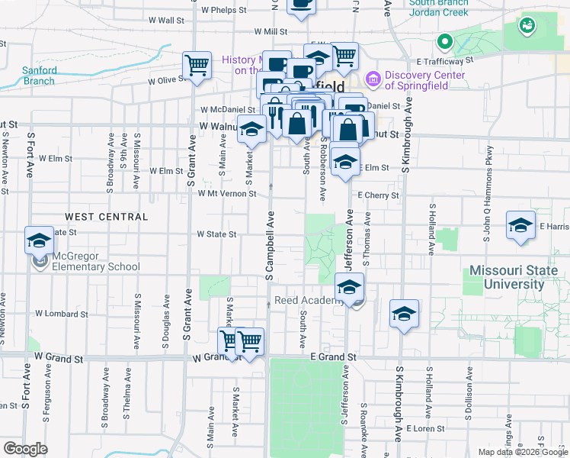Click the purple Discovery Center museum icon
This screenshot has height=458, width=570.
pyautogui.click(x=373, y=78)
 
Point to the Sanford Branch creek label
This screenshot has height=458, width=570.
pyautogui.click(x=40, y=75)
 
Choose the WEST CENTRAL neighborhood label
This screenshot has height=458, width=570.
pyautogui.click(x=107, y=217)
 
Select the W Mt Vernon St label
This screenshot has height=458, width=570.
pyautogui.click(x=227, y=194)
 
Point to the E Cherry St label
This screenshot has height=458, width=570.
pyautogui.click(x=378, y=196)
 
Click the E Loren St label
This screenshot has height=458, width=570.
pyautogui.click(x=425, y=429)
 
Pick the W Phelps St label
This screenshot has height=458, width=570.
pyautogui.click(x=224, y=10)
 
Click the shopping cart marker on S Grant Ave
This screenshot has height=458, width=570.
pyautogui.click(x=197, y=66)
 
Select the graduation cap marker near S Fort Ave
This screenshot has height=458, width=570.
pyautogui.click(x=39, y=240)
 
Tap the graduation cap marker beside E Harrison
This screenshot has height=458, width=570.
pyautogui.click(x=521, y=225)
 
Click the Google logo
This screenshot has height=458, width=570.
pyautogui.click(x=25, y=449)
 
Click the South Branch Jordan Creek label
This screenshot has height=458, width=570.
pyautogui.click(x=437, y=7)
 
